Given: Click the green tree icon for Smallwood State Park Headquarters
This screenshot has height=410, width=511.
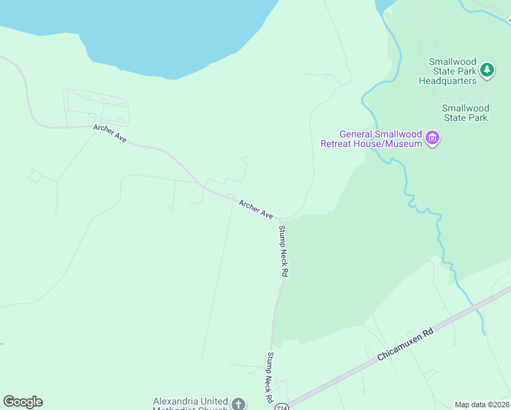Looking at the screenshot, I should [x=486, y=69].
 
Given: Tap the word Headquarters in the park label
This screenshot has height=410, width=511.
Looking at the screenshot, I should [x=447, y=81].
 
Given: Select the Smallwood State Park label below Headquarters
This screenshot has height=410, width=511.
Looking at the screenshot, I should [x=465, y=113].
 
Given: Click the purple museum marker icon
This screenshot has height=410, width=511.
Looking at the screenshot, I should [x=432, y=139].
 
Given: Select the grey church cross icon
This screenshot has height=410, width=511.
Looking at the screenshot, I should [x=238, y=404].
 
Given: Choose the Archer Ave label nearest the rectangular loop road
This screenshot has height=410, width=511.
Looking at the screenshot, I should [x=110, y=133].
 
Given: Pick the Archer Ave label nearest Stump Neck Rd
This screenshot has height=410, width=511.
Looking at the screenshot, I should [x=256, y=209].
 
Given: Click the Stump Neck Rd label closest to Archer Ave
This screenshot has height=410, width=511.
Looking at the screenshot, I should [x=283, y=250].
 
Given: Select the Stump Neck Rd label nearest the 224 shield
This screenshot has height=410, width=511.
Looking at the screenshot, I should [x=270, y=377].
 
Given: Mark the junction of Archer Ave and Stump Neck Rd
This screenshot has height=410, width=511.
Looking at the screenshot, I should [x=279, y=220].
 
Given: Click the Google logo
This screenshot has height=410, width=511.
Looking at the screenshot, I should [x=23, y=402].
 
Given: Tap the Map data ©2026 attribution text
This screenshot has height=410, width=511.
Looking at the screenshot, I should [x=481, y=405].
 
